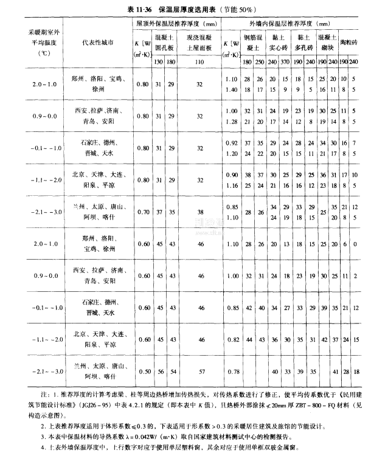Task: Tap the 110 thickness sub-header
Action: pyautogui.click(x=199, y=61)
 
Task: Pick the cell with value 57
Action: pyautogui.click(x=200, y=371)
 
